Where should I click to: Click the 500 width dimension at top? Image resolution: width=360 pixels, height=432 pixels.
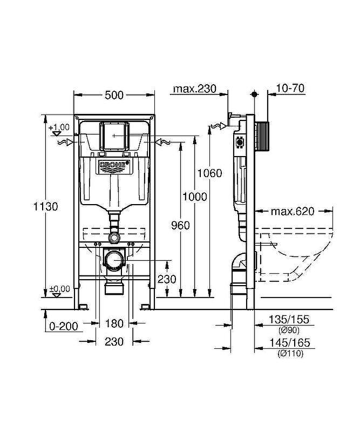click(114, 95)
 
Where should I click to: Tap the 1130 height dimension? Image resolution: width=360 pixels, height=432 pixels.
click(45, 206)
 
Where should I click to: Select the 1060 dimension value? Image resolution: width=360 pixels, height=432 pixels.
click(209, 173)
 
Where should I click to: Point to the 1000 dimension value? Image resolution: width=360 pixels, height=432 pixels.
click(194, 197)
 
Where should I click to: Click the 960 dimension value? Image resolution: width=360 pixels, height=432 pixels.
click(180, 225)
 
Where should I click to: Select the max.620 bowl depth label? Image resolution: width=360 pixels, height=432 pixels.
click(293, 211)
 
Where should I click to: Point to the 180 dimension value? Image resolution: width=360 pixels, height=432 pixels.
click(114, 324)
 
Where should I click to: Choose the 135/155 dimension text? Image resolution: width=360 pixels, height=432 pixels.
click(289, 320)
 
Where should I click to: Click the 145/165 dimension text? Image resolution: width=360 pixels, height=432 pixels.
click(289, 343)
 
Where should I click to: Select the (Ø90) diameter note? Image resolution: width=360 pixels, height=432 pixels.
click(289, 330)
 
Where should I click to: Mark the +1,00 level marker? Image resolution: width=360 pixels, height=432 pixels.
click(59, 127)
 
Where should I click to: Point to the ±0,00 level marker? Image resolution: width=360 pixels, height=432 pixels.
click(59, 289)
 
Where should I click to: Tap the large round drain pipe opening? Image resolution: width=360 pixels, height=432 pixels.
click(114, 261)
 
